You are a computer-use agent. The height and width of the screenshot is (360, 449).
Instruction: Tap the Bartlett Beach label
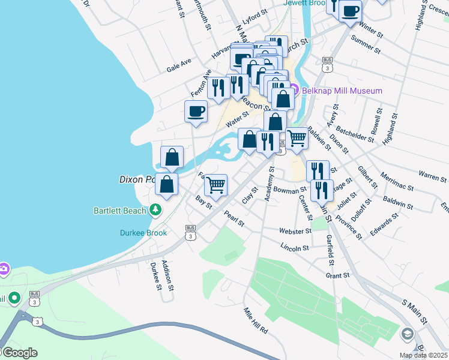pos(119,211)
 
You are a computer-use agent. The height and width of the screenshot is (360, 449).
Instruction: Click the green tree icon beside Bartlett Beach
pos(155,210)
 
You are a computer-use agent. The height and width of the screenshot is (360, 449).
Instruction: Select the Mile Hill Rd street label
pos(255,320)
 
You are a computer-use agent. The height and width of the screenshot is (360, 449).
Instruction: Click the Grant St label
pos(337,275)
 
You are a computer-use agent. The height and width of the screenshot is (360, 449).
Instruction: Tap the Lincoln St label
pos(295,247)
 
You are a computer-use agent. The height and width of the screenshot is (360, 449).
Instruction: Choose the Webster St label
pos(294,231)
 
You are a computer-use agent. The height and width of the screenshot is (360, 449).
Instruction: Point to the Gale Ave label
pos(179,65)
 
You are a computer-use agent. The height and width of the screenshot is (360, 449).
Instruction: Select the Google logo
pos(19,353)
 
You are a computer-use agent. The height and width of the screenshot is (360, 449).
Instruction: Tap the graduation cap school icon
pos(408,334)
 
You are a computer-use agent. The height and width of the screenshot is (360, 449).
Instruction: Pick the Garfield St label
pos(330,250)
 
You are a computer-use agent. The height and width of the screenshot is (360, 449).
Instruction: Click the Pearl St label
pos(234,218)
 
